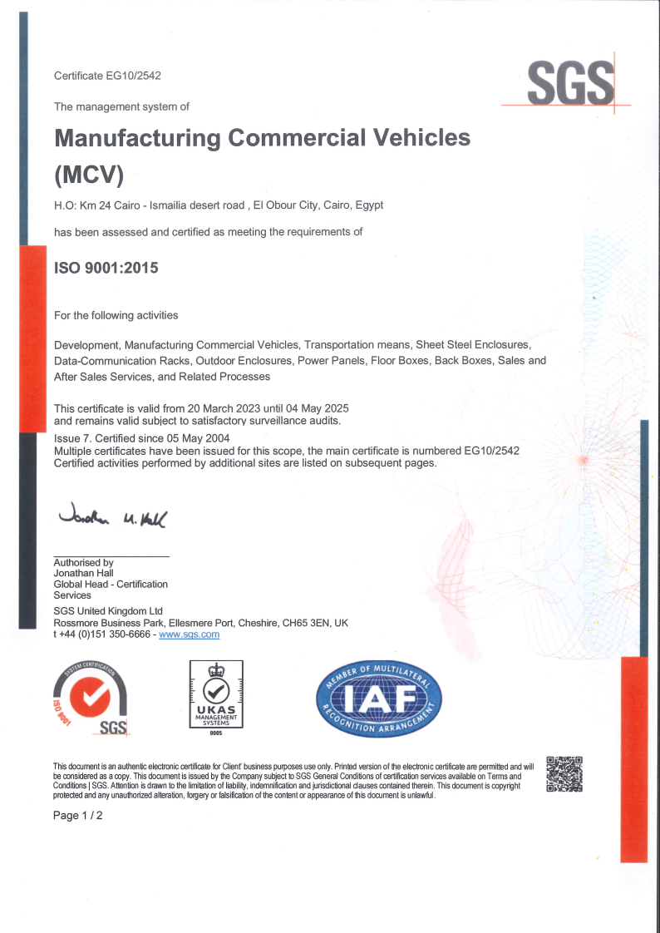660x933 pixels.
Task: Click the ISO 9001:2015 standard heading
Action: pos(106,269)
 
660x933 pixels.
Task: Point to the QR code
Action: pos(564,773)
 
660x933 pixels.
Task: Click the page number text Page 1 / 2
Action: pos(78,816)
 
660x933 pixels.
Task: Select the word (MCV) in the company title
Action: pos(89,175)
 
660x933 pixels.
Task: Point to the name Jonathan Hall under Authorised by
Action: pos(83,573)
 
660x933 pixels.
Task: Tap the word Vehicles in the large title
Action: pos(416,137)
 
